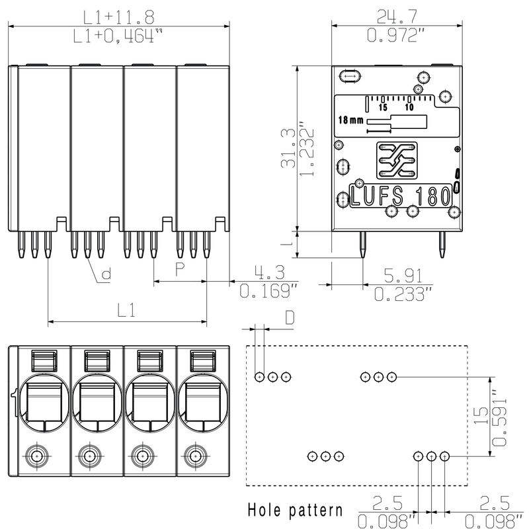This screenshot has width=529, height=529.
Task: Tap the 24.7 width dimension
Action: click(x=395, y=15)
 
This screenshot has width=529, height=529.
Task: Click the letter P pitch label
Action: click(x=179, y=268)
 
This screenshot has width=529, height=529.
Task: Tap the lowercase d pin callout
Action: click(x=106, y=273)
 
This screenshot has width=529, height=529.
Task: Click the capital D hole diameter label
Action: click(x=290, y=317)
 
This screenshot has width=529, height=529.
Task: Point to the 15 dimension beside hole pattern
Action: click(x=481, y=416)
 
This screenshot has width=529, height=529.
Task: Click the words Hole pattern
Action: click(x=295, y=510)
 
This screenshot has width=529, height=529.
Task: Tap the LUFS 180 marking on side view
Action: click(x=401, y=196)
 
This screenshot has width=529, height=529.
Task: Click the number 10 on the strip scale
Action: click(x=409, y=107)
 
